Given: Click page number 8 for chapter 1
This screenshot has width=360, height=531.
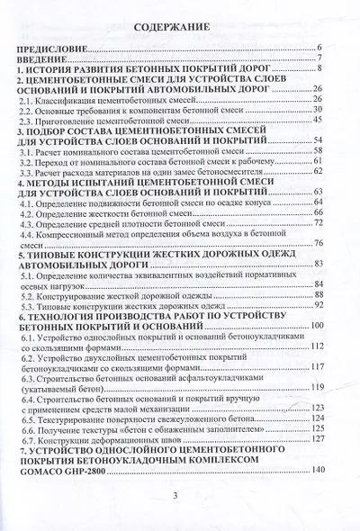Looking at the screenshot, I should point(319,68).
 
